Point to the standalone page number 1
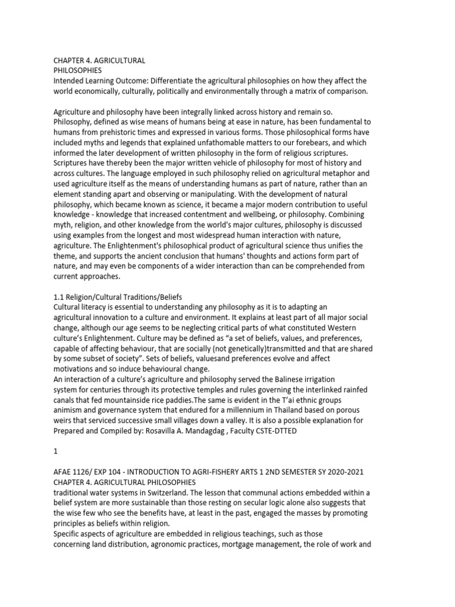56,451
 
